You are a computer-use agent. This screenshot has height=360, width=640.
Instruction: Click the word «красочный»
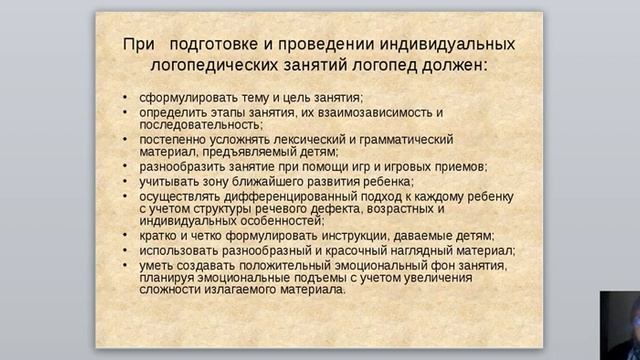click(387, 250)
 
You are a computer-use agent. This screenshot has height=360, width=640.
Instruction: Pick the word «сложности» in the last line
click(172, 290)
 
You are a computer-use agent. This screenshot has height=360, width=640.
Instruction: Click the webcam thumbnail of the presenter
click(620, 325)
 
